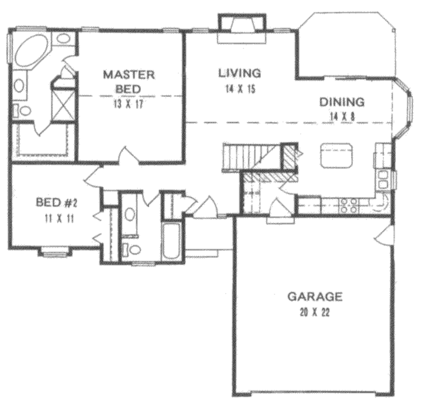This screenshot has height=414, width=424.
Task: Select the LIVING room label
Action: [240, 73]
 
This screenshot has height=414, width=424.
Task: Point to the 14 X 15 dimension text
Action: [240, 89]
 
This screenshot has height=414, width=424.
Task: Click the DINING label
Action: [342, 102]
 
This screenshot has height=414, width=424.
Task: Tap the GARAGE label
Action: [315, 296]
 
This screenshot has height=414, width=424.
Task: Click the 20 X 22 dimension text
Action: [315, 312]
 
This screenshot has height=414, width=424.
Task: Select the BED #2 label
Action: [55, 203]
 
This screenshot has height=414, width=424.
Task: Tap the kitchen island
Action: [336, 155]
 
